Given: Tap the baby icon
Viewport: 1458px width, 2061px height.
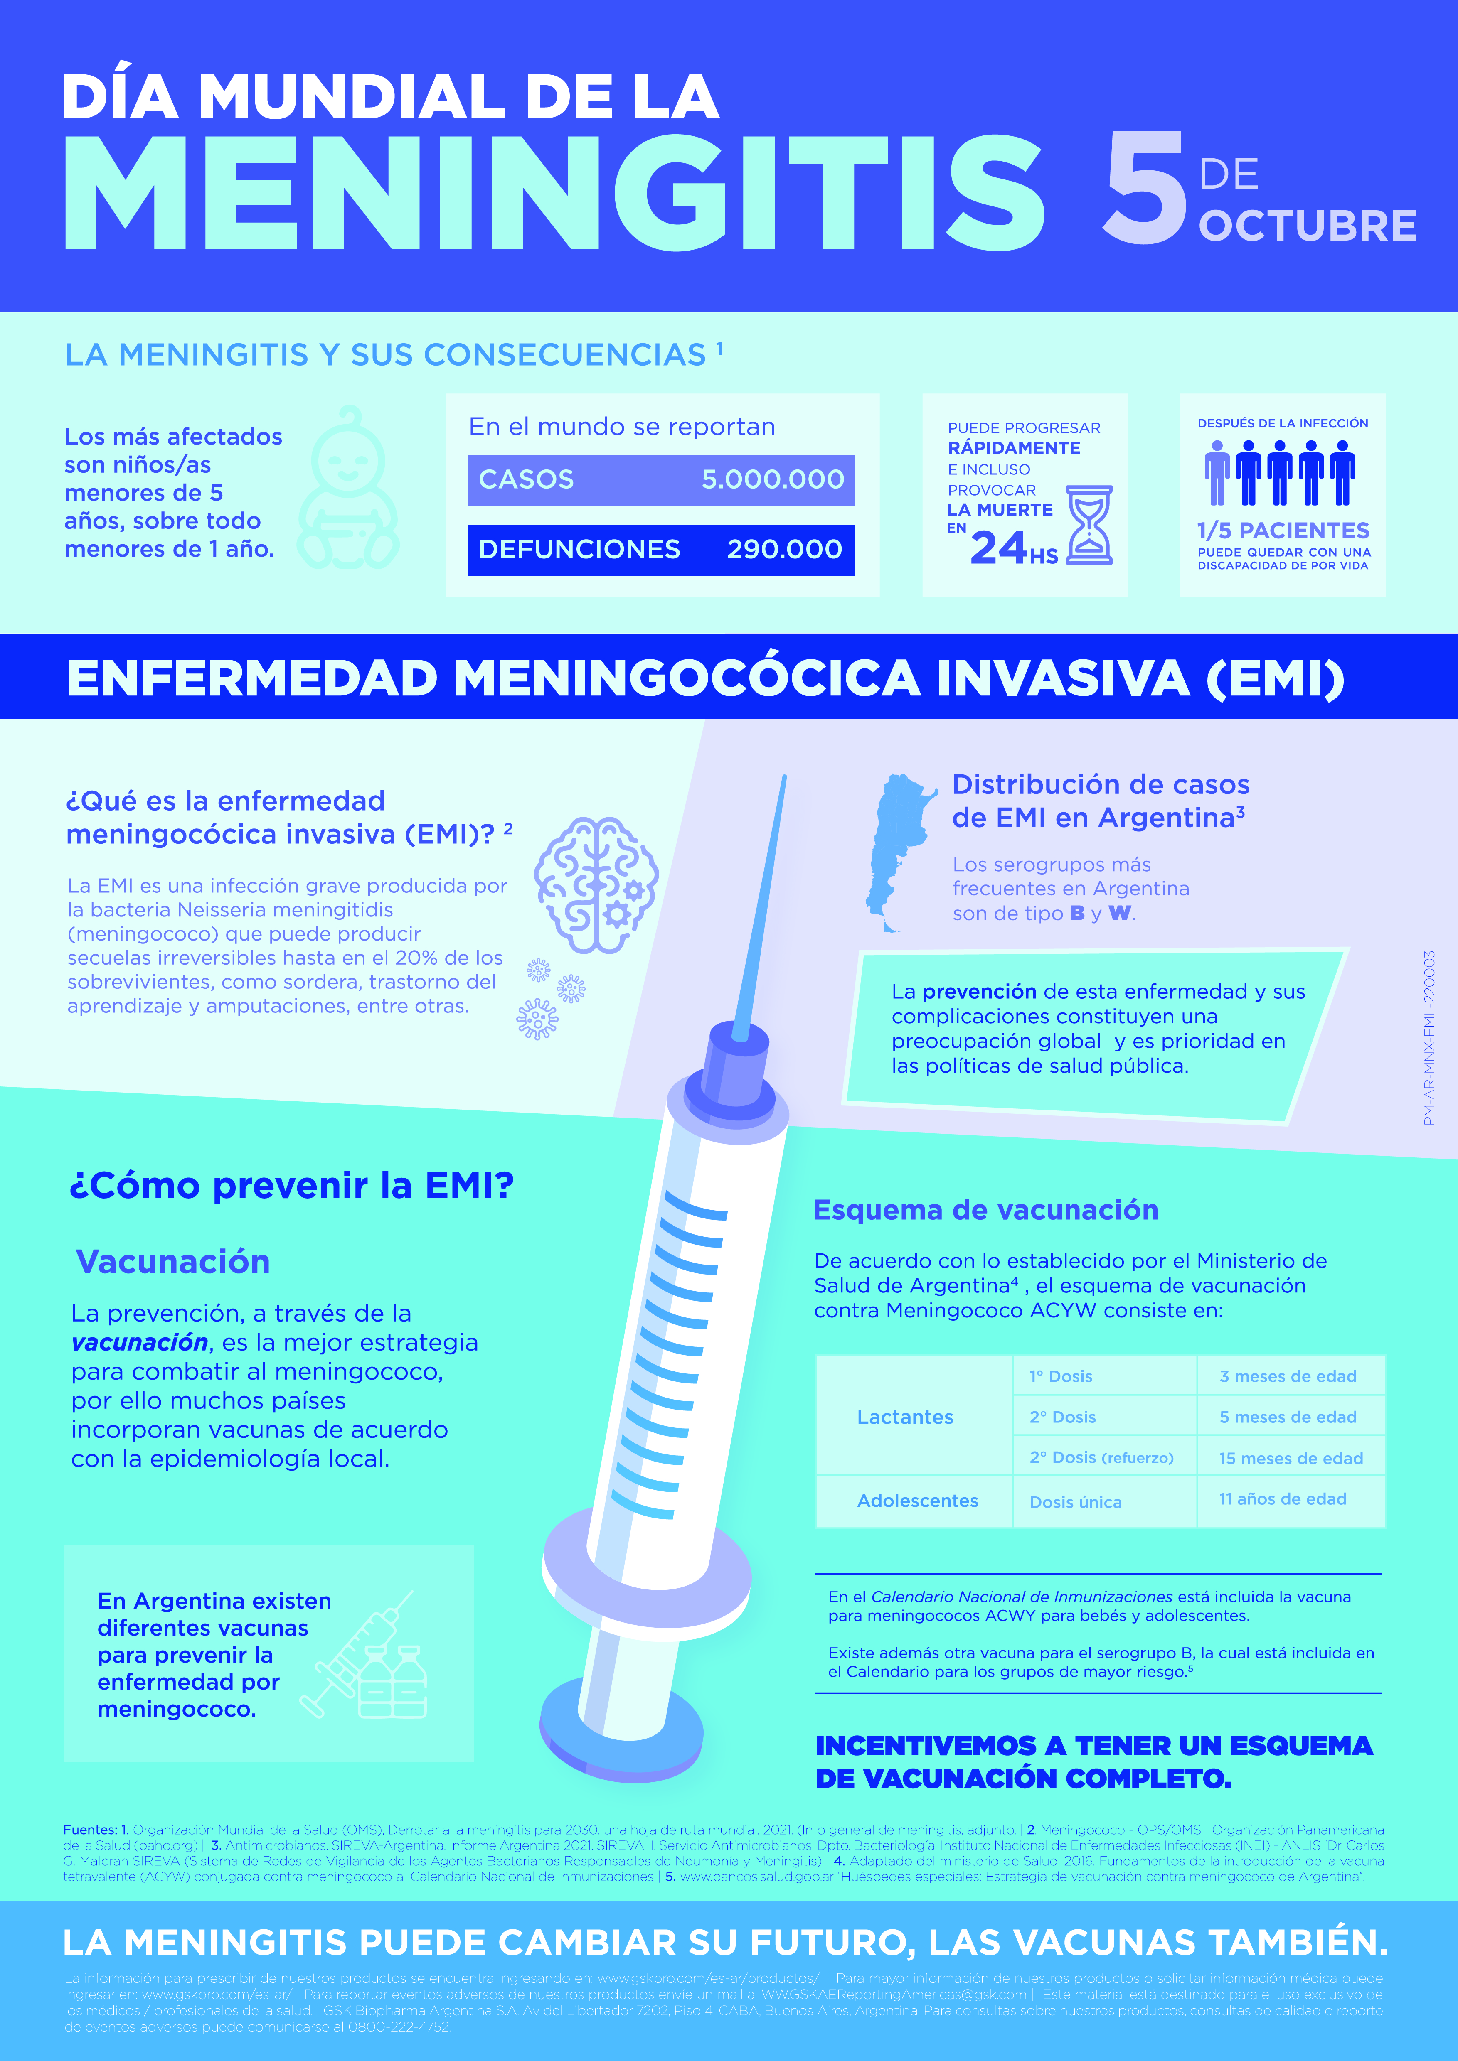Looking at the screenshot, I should click(348, 489).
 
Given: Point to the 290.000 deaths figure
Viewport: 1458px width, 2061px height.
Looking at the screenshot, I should click(784, 549).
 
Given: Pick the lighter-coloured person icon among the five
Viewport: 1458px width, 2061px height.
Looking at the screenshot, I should click(1217, 473).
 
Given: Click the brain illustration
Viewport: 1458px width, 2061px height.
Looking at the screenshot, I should click(596, 884).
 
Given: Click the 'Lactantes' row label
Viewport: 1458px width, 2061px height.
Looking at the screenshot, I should click(905, 1417).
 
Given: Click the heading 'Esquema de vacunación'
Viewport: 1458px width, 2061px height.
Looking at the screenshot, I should click(985, 1210).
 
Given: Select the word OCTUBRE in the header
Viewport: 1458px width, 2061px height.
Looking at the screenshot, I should click(1307, 225).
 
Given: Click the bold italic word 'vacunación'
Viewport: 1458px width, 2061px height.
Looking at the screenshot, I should click(140, 1343).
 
